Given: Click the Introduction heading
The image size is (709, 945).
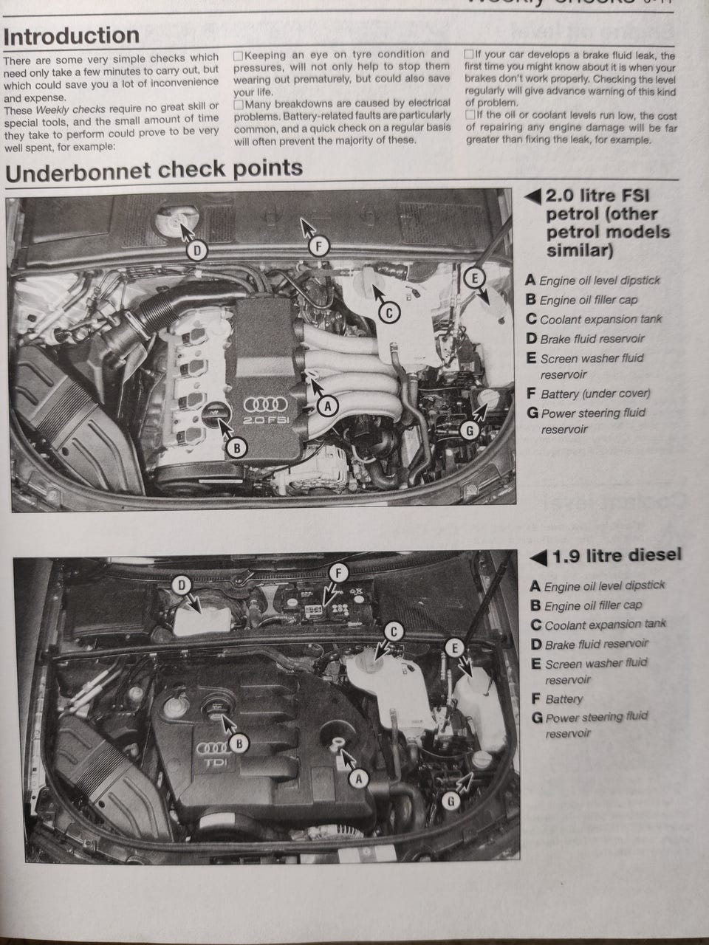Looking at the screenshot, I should point(71,35).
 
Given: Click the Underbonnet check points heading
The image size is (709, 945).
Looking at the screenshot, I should point(154,169).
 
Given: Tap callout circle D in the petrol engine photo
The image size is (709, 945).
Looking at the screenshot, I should point(196,251).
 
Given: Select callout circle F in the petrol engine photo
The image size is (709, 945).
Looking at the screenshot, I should point(318,247).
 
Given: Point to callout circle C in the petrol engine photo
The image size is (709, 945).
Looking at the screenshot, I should point(389,313).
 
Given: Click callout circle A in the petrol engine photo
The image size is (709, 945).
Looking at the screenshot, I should point(326,405).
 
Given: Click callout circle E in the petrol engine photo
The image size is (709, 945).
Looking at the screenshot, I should point(476,278).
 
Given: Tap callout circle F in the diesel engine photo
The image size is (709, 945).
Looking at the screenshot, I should point(338,572).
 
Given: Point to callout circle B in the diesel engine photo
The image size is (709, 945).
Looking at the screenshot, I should point(239,743).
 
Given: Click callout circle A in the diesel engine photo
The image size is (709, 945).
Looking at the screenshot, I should point(359,777).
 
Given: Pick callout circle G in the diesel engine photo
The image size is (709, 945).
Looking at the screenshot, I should point(452,800).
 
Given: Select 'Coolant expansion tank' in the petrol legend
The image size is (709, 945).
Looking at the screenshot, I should point(600,320).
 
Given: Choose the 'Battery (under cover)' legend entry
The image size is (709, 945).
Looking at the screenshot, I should point(595,394).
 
